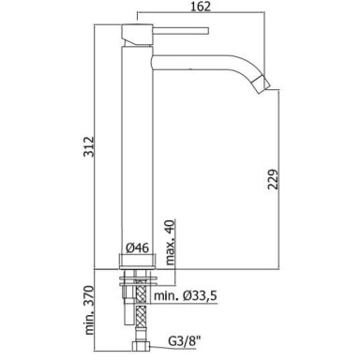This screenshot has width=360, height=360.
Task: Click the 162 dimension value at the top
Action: (x=201, y=7)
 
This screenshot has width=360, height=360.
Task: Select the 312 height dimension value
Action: (x=88, y=147)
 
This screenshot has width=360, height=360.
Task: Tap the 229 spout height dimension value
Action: (x=273, y=179)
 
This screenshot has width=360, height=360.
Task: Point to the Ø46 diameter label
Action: (x=137, y=248)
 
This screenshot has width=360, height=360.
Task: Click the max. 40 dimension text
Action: (x=170, y=243)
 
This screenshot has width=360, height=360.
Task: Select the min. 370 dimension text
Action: (x=89, y=310)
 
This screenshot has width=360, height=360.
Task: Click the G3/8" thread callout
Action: (x=184, y=341)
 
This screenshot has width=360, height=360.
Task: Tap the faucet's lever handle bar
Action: (x=180, y=31)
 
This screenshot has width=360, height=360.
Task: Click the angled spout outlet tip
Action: (x=262, y=83)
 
